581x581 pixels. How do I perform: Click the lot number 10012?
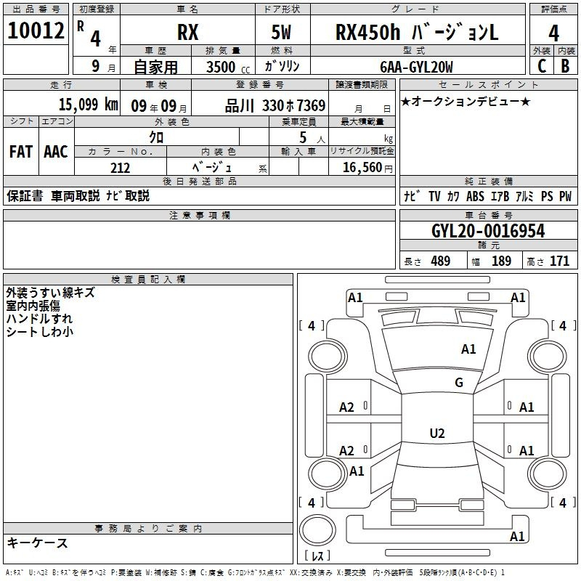pyautogui.click(x=36, y=31)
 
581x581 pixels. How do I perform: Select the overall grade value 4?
pyautogui.click(x=553, y=33)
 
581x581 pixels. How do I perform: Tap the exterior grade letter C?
pyautogui.click(x=541, y=66)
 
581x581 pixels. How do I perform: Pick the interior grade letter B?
pyautogui.click(x=565, y=66)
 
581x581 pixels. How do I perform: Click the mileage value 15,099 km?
pyautogui.click(x=88, y=105)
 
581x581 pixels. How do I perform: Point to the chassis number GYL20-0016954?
pyautogui.click(x=488, y=231)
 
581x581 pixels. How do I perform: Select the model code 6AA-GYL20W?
pyautogui.click(x=416, y=67)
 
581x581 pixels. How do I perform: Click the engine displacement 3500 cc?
pyautogui.click(x=228, y=67)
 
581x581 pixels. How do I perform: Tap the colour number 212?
pyautogui.click(x=120, y=168)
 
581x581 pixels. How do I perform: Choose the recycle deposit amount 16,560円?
pyautogui.click(x=367, y=168)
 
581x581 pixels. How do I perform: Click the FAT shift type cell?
pyautogui.click(x=21, y=152)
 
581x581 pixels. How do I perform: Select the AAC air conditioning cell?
pyautogui.click(x=56, y=152)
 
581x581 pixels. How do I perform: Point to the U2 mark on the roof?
pyautogui.click(x=437, y=433)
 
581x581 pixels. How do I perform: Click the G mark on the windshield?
pyautogui.click(x=459, y=383)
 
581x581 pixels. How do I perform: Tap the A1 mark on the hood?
pyautogui.click(x=468, y=349)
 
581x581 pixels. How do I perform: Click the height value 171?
pyautogui.click(x=559, y=261)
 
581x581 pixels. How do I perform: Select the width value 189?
pyautogui.click(x=501, y=261)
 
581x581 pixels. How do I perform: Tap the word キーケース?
pyautogui.click(x=37, y=543)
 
